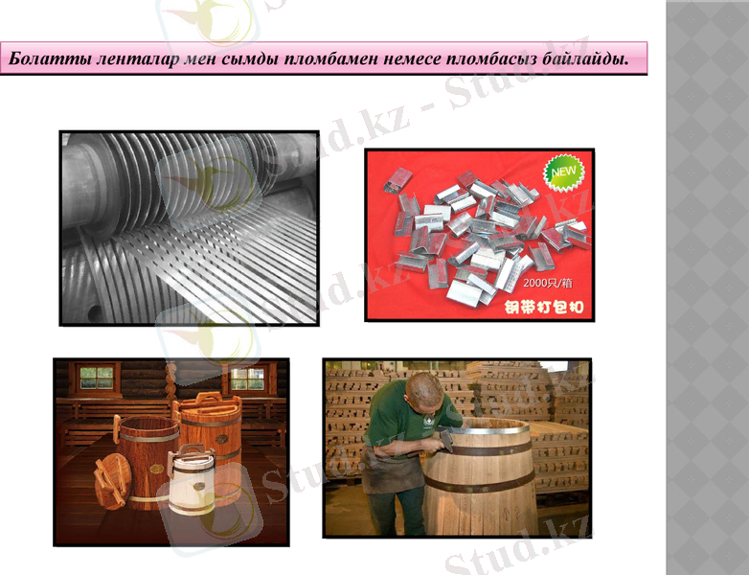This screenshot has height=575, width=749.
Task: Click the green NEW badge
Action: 562,173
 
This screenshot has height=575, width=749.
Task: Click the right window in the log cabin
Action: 248,379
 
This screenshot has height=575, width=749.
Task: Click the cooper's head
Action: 421,389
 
